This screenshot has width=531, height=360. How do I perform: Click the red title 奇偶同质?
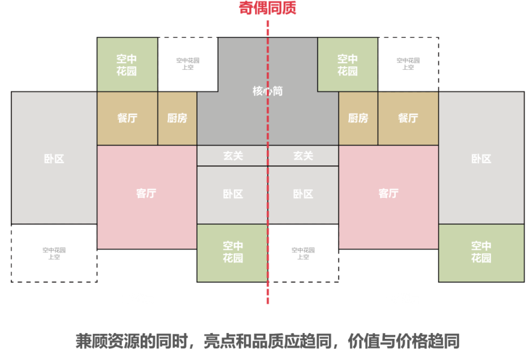pyautogui.click(x=267, y=8)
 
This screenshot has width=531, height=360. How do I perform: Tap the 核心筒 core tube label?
pyautogui.click(x=267, y=91)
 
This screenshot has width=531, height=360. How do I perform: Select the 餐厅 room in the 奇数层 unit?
pyautogui.click(x=127, y=119)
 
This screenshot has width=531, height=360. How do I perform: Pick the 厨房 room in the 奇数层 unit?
pyautogui.click(x=177, y=119)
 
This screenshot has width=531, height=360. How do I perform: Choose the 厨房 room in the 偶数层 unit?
pyautogui.click(x=358, y=119)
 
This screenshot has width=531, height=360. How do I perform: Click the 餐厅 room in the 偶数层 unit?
pyautogui.click(x=408, y=119)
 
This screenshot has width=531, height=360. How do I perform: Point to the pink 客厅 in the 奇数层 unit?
pyautogui.click(x=147, y=193)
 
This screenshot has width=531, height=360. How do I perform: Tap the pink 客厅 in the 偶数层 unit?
pyautogui.click(x=388, y=193)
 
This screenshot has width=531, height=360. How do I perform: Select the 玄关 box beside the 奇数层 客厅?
pyautogui.click(x=233, y=156)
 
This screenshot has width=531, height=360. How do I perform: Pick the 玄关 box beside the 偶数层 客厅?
pyautogui.click(x=303, y=156)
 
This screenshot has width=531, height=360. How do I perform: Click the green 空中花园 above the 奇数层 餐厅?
pyautogui.click(x=127, y=65)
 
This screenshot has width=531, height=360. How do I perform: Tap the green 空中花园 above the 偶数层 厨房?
pyautogui.click(x=348, y=65)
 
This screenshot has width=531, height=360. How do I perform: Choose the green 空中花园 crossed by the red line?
pyautogui.click(x=233, y=252)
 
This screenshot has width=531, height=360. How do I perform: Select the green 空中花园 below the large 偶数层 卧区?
pyautogui.click(x=481, y=252)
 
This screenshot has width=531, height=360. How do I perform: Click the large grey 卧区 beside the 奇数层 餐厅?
pyautogui.click(x=54, y=159)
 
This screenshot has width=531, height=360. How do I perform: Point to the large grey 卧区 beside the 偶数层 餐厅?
pyautogui.click(x=481, y=159)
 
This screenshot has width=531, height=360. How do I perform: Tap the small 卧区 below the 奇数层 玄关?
pyautogui.click(x=233, y=194)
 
